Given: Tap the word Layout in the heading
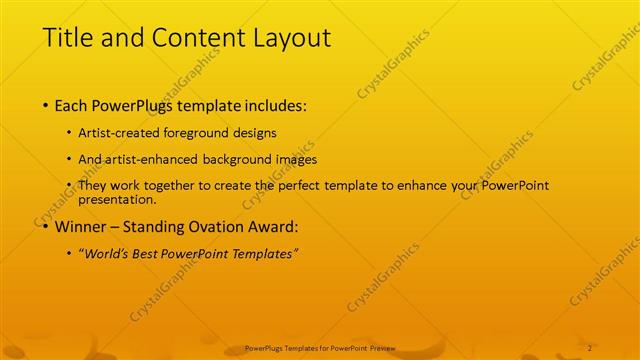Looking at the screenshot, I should [x=290, y=39].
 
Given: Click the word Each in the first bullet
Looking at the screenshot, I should [x=75, y=104].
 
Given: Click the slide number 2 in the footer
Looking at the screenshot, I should [x=591, y=347].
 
